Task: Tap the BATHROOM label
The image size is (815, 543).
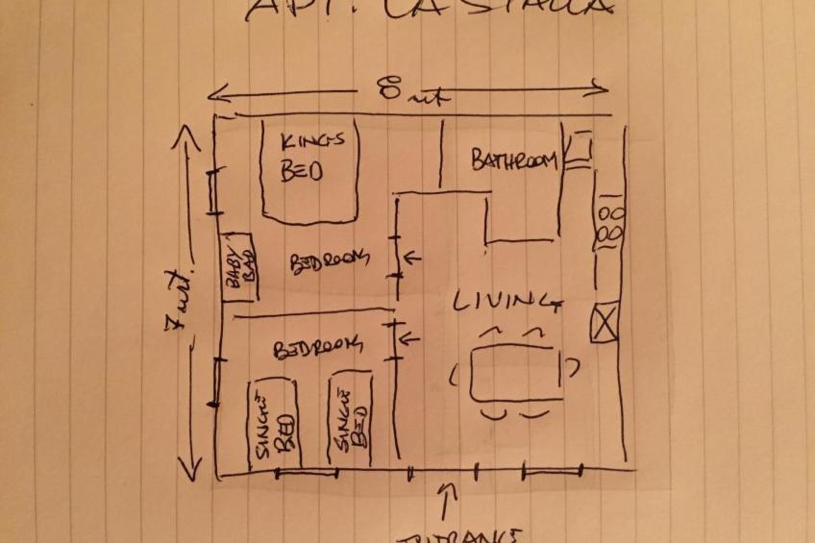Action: point(514,160)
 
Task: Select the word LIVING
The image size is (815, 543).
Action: point(506,302)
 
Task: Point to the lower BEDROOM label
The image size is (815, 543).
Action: point(318,347)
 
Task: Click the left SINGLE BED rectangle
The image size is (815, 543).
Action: point(274,424)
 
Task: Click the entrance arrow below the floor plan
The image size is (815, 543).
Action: point(445,501)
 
